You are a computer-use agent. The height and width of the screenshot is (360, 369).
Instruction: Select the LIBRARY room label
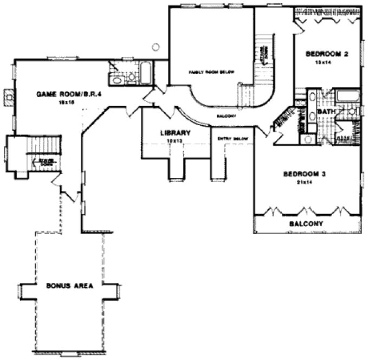pos(174,133)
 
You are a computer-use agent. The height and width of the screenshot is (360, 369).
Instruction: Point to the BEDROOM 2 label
pos(327,54)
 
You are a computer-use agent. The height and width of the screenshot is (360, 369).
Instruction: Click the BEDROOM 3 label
pos(306,174)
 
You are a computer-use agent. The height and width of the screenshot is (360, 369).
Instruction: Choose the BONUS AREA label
pos(69,286)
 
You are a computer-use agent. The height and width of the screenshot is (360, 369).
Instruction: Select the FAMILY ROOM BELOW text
pos(211,72)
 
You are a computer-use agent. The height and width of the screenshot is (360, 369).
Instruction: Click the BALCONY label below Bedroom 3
pos(306,223)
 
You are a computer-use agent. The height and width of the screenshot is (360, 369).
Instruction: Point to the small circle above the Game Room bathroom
pos(156,47)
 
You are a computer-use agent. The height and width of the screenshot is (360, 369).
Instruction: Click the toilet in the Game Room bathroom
pos(131,77)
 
